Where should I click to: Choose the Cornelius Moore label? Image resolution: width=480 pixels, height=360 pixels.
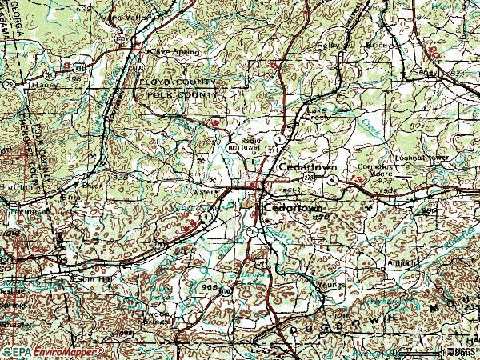tap(363, 170)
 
